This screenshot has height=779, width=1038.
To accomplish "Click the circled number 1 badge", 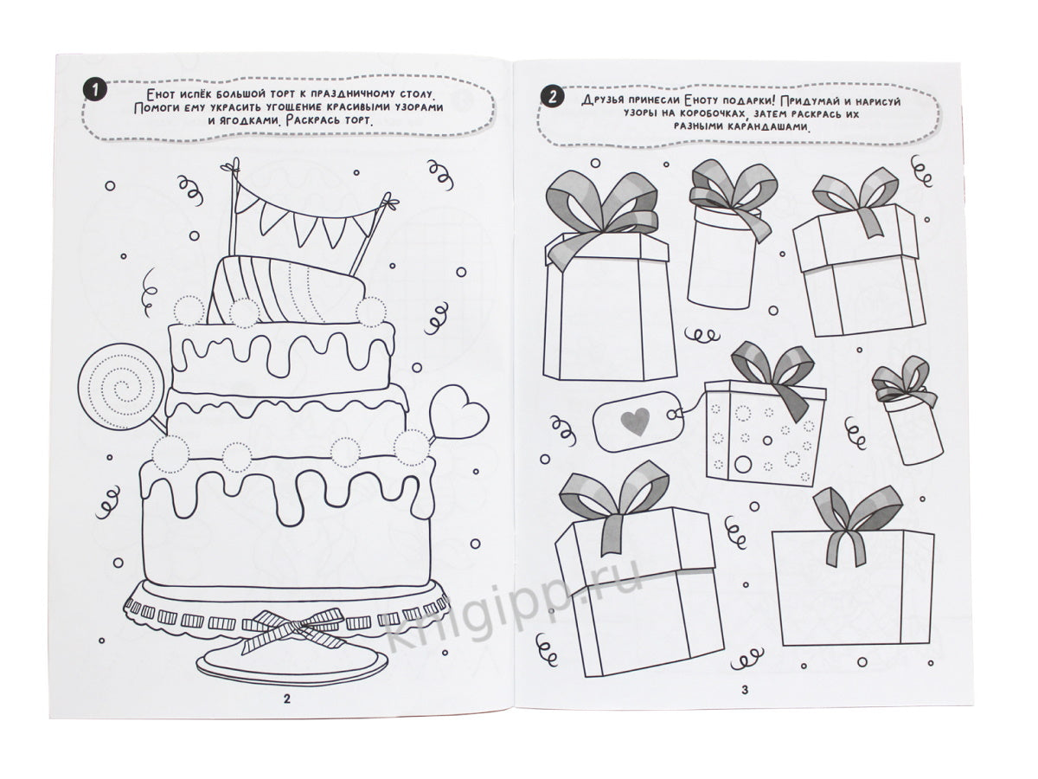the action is (x=94, y=91).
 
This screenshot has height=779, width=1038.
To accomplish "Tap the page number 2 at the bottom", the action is (x=287, y=699).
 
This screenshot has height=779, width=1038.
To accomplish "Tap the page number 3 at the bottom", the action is (x=745, y=690).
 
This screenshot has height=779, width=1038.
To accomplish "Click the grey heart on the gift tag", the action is (x=635, y=421).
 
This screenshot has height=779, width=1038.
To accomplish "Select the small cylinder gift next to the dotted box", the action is (x=906, y=410).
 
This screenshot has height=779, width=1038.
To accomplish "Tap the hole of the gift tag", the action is (x=671, y=415).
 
